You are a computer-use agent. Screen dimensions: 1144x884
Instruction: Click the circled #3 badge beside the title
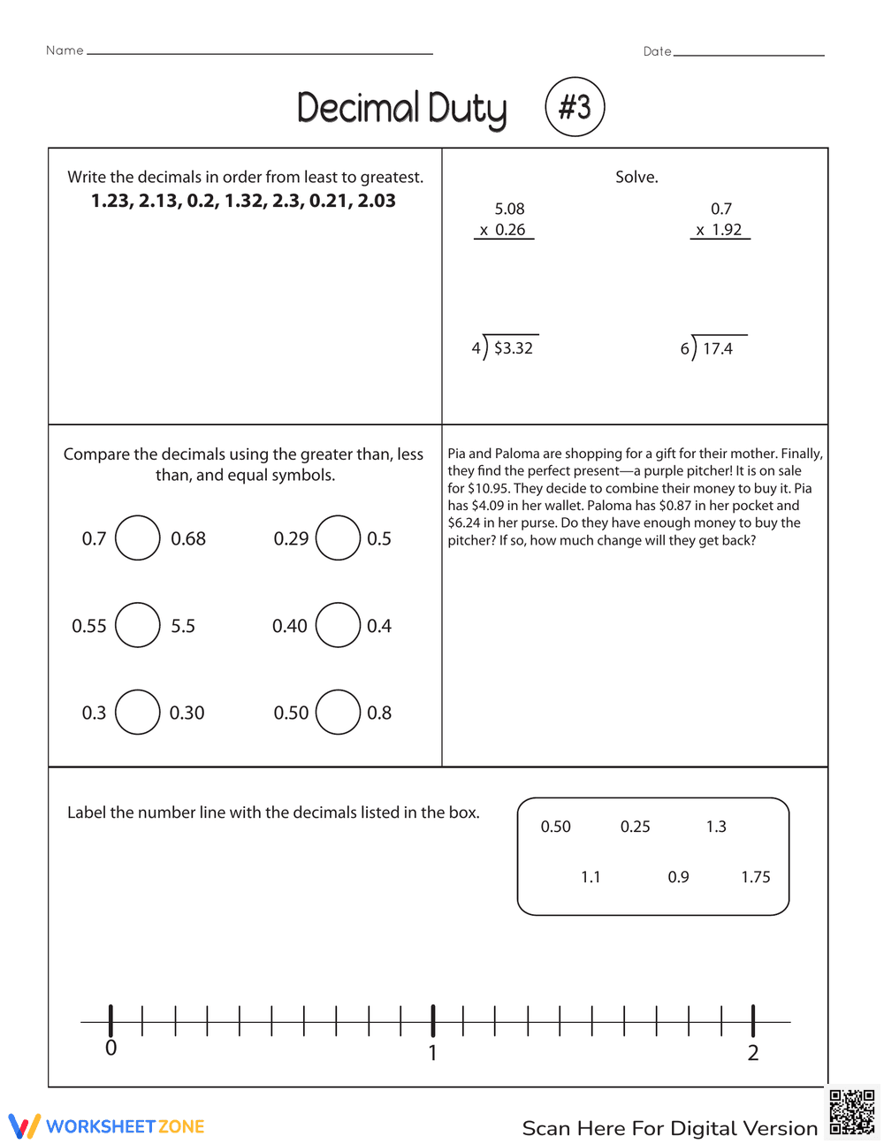click(575, 107)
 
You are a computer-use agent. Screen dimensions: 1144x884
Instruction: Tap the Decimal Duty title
click(401, 109)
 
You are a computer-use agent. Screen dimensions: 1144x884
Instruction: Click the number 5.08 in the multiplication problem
click(509, 209)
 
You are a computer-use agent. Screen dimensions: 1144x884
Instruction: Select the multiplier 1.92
click(727, 230)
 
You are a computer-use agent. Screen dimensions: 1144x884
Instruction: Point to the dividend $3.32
click(514, 348)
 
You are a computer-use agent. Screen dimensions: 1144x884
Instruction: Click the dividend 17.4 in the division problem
click(718, 349)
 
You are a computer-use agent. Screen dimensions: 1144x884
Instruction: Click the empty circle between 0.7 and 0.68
click(138, 538)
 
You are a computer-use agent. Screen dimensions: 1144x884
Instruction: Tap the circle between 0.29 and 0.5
click(338, 538)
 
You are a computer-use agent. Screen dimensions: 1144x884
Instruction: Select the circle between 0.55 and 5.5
click(138, 625)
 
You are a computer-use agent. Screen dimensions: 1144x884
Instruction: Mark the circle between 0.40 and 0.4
click(338, 625)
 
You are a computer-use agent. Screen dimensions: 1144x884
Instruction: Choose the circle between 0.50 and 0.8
click(338, 713)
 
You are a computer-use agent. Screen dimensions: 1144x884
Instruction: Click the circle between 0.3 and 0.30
click(138, 713)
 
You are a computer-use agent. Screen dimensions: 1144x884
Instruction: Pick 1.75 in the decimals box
click(756, 877)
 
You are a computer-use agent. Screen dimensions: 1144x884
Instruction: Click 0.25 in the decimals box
click(635, 827)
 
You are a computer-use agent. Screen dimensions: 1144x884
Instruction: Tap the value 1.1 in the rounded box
click(591, 877)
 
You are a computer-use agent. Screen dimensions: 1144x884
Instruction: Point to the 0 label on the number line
click(110, 1049)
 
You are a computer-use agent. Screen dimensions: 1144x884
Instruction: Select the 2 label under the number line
click(753, 1053)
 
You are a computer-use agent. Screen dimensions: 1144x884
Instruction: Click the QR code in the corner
click(851, 1112)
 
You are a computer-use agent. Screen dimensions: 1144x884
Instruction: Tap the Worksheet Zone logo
click(107, 1126)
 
